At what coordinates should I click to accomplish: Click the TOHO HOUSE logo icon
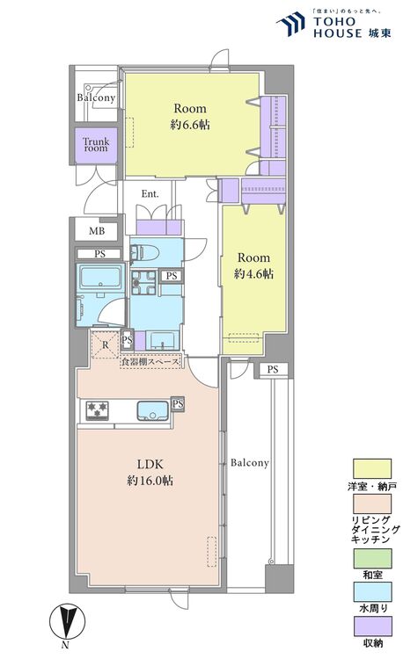pos(290,24)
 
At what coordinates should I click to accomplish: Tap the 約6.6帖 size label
pos(190,125)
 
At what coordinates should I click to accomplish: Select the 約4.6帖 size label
pos(253,274)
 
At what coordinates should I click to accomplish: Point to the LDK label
pos(150,464)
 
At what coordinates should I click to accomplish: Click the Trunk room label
pos(96,145)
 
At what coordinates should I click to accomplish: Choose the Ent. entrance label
pos(150,194)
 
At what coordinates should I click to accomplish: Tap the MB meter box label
pos(97,231)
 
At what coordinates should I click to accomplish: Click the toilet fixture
pos(144,253)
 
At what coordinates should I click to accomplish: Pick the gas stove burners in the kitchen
pos(97,410)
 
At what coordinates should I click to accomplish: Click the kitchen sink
pos(152,410)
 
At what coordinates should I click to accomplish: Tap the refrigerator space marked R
pos(106,345)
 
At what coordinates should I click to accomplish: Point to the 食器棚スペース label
pos(150,361)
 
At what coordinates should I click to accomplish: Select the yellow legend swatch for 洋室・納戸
pos(372,468)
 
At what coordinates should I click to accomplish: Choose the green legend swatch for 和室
pos(372,559)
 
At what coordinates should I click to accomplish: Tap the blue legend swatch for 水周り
pos(372,591)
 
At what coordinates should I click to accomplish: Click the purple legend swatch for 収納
pos(372,626)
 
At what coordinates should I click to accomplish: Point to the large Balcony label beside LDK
pos(250,463)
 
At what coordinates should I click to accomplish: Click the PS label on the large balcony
pos(273,369)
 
